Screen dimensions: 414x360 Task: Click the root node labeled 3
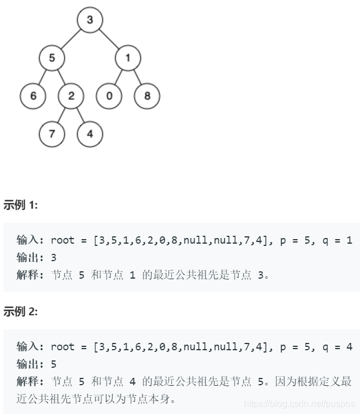point(90,20)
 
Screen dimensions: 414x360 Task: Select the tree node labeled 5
point(52,58)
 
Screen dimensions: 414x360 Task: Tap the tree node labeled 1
point(128,58)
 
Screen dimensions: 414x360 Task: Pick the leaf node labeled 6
point(33,96)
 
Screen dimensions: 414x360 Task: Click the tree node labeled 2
point(71,96)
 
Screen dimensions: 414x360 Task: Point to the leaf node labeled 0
point(109,96)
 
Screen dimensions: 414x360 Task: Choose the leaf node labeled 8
point(147,96)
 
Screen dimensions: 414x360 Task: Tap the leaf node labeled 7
point(52,134)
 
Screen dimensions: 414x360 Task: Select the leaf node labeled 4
point(90,134)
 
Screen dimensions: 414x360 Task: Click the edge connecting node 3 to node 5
point(70,39)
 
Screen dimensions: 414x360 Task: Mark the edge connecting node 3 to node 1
point(109,39)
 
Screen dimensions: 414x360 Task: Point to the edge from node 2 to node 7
point(61,115)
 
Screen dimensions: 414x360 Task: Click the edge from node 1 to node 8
point(137,77)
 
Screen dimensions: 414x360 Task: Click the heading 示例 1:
point(21,205)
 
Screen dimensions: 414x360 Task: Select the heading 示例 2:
point(21,311)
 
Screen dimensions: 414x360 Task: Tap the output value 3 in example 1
point(54,257)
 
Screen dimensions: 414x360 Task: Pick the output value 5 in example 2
point(54,363)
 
